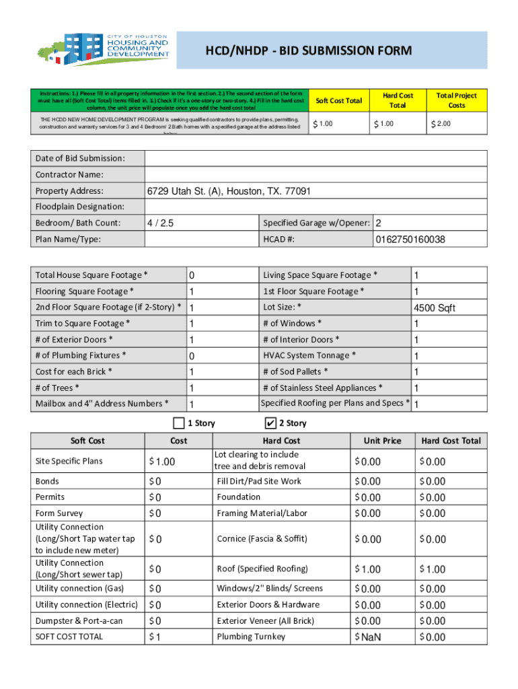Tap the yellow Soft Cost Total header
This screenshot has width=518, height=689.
pyautogui.click(x=338, y=101)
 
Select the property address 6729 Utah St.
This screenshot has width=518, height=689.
pyautogui.click(x=229, y=191)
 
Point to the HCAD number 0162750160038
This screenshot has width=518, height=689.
pyautogui.click(x=410, y=240)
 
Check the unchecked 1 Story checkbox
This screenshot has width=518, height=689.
pyautogui.click(x=178, y=423)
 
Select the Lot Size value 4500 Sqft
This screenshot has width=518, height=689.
pyautogui.click(x=434, y=308)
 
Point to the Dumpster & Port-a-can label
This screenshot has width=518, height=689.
pyautogui.click(x=79, y=620)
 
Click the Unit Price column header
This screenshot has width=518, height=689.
pyautogui.click(x=382, y=441)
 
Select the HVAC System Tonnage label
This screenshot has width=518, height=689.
pyautogui.click(x=309, y=355)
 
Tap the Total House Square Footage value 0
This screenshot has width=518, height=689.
pyautogui.click(x=192, y=276)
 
